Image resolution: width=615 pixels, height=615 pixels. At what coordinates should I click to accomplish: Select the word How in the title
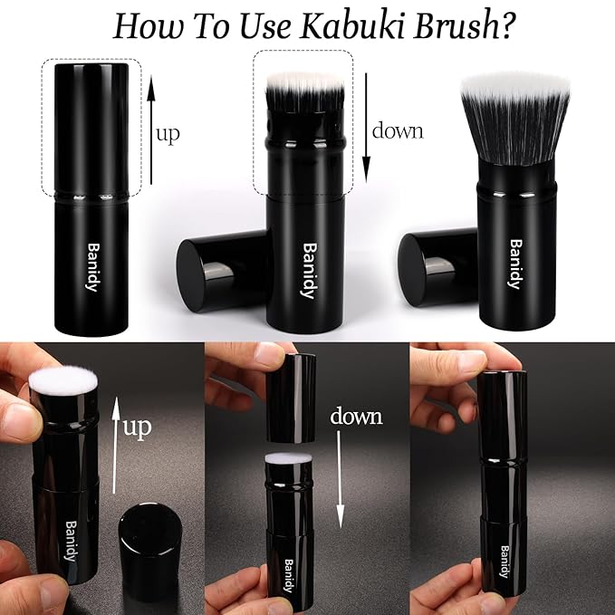145,26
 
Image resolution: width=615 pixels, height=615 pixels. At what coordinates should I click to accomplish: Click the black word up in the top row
168,134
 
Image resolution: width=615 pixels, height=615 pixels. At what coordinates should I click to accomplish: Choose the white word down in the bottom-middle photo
356,417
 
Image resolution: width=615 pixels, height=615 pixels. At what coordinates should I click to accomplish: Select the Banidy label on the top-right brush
514,264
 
